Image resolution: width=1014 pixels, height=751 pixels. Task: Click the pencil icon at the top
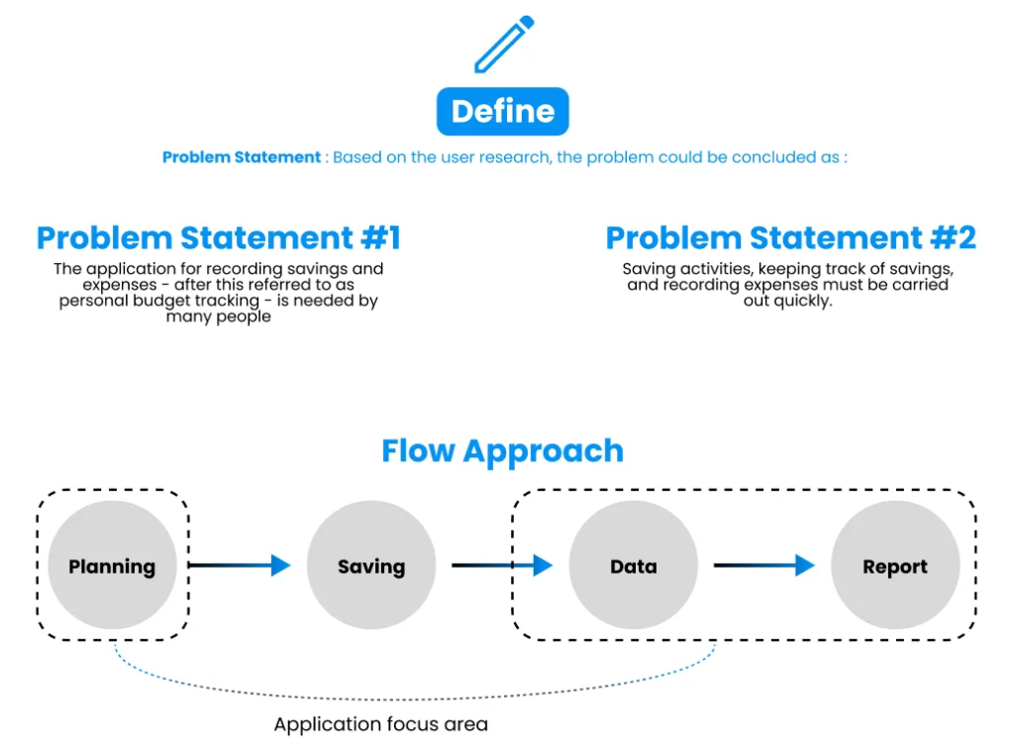point(503,45)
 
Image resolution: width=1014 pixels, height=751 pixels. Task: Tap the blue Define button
point(502,111)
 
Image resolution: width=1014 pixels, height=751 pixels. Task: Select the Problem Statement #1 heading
point(219,237)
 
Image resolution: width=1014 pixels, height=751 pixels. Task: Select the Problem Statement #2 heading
point(790,237)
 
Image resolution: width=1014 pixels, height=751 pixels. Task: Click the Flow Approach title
point(502,450)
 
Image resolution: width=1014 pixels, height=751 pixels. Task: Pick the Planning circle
point(113,565)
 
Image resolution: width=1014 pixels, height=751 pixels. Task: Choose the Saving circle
point(371,565)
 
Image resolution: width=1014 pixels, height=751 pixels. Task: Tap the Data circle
point(634,565)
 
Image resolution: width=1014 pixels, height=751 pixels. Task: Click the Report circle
point(895,565)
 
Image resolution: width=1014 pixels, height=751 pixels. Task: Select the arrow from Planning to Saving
point(240,565)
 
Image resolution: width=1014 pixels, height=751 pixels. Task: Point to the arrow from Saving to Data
point(502,565)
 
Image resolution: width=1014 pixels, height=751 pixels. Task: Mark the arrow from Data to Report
point(763,565)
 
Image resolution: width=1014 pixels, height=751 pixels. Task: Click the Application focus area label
point(381,724)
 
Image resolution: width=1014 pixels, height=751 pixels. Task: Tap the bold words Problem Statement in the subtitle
point(242,157)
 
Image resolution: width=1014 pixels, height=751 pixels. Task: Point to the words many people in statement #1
point(219,317)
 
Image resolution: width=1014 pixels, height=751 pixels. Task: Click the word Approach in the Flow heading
point(544,450)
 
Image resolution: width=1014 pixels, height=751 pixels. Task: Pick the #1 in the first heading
point(381,237)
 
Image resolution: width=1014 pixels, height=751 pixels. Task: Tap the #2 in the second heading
point(954,237)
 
